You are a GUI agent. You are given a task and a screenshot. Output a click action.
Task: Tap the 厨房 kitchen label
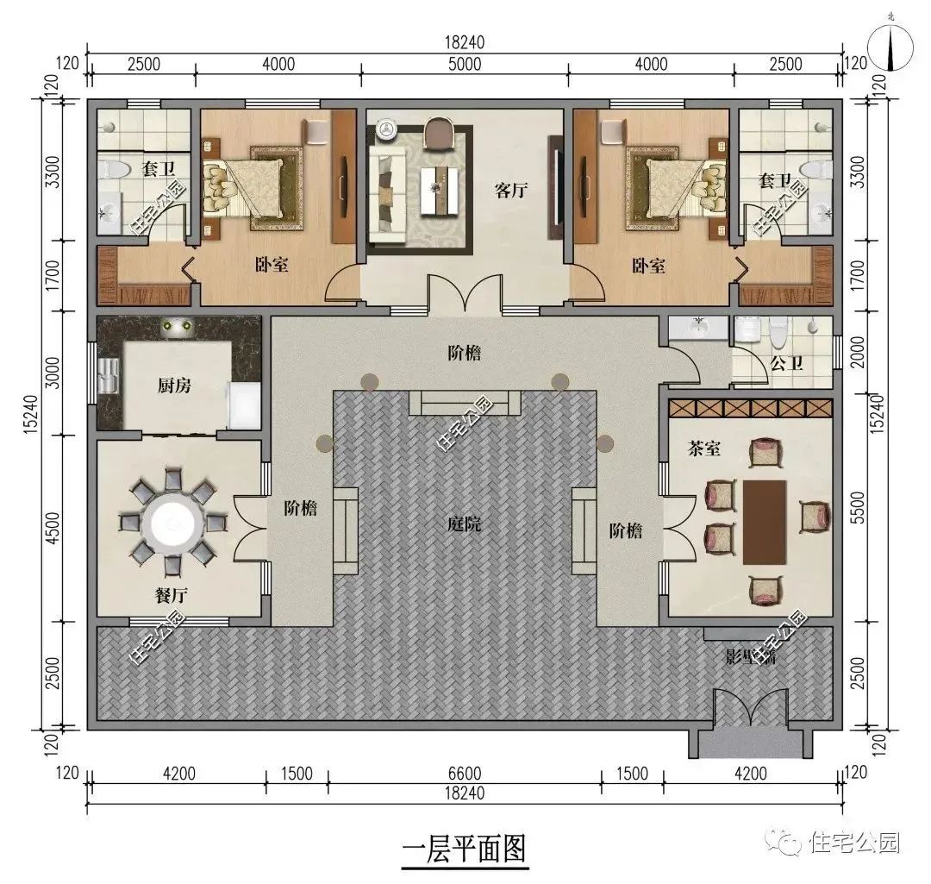click(175, 385)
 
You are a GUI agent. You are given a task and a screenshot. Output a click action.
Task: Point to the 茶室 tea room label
click(704, 449)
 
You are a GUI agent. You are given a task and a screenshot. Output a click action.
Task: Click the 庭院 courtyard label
click(463, 524)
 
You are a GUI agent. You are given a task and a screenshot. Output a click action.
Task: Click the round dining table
click(173, 521)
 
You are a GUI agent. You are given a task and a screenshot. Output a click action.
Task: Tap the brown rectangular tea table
click(765, 522)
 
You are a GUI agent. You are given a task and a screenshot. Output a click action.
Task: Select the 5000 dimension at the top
click(465, 64)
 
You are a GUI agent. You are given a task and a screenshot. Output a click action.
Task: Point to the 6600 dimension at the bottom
click(465, 773)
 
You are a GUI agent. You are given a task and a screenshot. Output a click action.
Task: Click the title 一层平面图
click(464, 850)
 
